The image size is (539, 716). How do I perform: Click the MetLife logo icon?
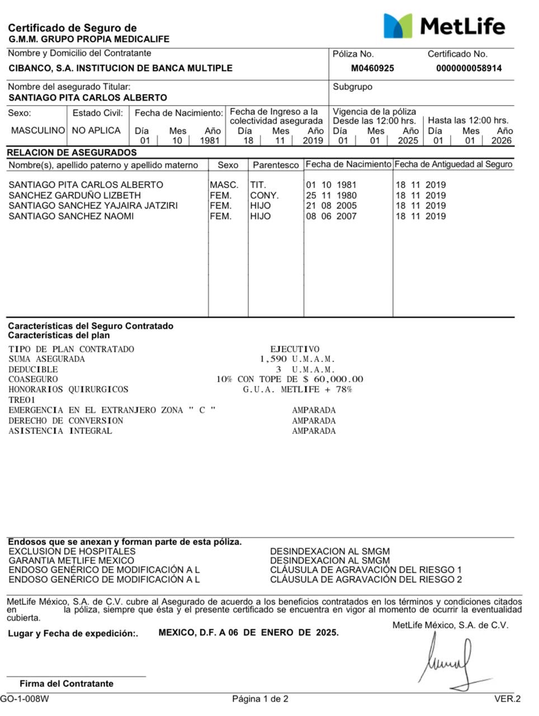point(398,26)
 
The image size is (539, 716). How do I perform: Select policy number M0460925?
point(372,68)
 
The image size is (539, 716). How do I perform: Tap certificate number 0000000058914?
point(469,68)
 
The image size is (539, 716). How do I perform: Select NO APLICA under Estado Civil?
point(96,130)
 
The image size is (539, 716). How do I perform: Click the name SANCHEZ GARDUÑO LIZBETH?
point(74,195)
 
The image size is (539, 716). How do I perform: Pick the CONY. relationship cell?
point(264,195)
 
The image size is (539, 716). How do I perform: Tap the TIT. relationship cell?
point(258,185)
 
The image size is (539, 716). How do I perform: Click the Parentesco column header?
point(276,165)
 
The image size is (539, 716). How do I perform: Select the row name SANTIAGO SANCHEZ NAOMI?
point(71,216)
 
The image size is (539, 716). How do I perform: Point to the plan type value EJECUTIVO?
point(295,349)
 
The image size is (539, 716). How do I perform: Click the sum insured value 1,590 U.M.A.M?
point(297,359)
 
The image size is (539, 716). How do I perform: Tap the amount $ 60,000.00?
point(333,379)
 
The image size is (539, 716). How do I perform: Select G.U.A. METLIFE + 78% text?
point(297,389)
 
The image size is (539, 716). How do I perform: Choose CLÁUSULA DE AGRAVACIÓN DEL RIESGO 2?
point(366,580)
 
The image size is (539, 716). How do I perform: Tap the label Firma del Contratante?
point(66,684)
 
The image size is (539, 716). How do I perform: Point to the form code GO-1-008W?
point(25,699)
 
